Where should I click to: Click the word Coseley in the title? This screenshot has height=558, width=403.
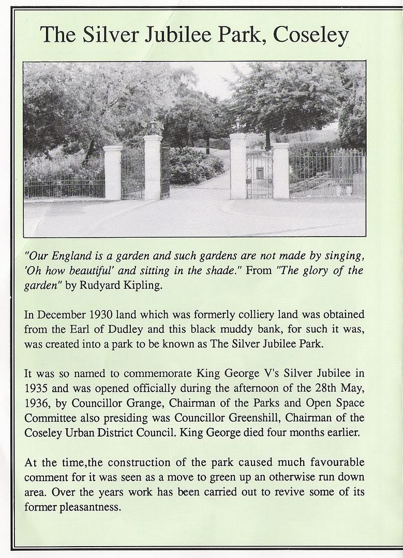tap(311, 35)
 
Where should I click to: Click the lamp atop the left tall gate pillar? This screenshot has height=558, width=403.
tap(153, 127)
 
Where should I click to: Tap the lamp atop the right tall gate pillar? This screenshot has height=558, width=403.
tap(237, 124)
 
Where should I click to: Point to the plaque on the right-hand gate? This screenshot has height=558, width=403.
tap(260, 173)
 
